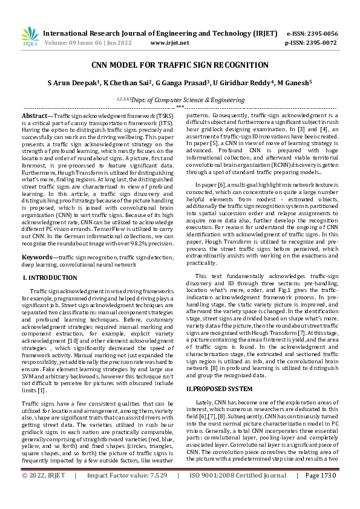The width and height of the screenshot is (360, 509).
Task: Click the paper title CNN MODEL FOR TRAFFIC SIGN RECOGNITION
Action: (x=180, y=65)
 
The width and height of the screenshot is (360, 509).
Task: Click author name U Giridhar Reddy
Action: (x=243, y=83)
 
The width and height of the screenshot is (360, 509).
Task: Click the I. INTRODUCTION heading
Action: (x=50, y=277)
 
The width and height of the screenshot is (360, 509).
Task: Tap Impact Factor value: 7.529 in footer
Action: (x=127, y=493)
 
